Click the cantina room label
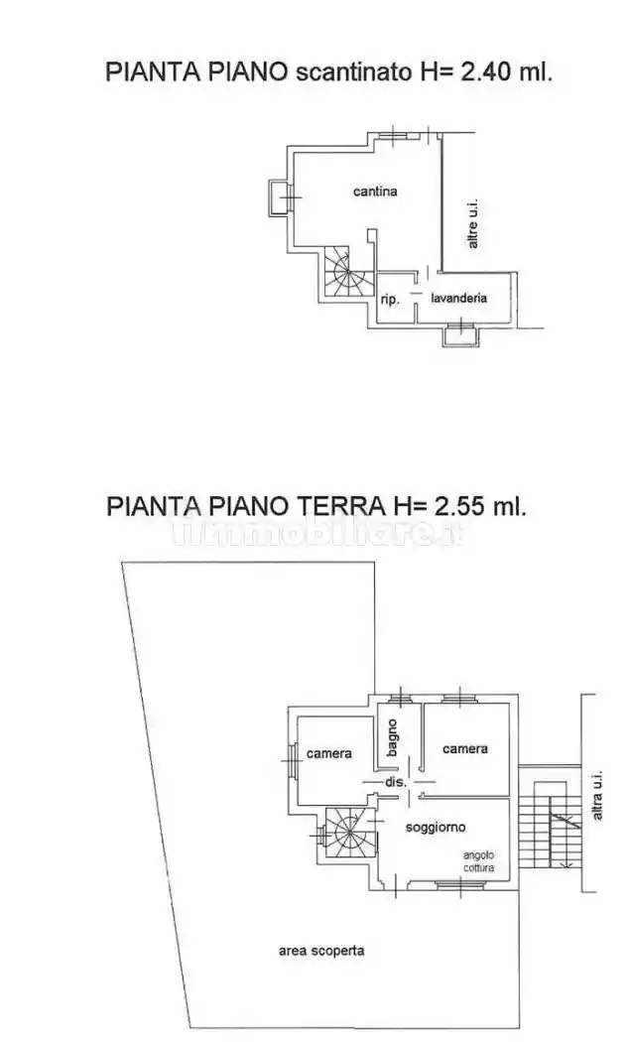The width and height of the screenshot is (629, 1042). [375, 192]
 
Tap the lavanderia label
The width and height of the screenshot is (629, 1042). [457, 298]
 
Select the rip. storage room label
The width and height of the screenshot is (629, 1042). [389, 299]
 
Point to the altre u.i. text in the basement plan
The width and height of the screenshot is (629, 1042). [473, 225]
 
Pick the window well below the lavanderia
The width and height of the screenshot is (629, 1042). [459, 335]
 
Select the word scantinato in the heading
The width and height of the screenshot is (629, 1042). [343, 71]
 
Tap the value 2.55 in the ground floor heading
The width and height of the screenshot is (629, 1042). [457, 505]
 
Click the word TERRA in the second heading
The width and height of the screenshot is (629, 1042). [334, 505]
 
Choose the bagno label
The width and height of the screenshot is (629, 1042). [393, 738]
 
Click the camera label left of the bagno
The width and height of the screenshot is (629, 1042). [328, 753]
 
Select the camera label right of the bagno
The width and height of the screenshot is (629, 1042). [464, 748]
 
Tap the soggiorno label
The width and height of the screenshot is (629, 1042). [437, 826]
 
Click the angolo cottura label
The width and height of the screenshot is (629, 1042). [484, 860]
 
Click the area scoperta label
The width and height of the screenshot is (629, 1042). [320, 950]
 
